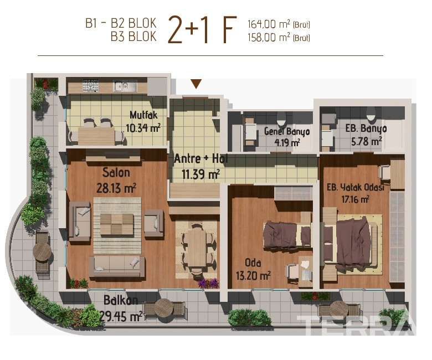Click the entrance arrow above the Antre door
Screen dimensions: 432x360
(196, 84)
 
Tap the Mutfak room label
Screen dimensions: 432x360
(143, 115)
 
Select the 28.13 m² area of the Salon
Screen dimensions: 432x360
(116, 188)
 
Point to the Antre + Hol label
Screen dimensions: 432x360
(201, 158)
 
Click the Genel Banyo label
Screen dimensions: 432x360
(287, 131)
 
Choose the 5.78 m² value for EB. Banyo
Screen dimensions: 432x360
(366, 142)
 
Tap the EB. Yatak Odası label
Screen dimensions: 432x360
(356, 187)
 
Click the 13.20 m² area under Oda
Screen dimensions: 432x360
(253, 275)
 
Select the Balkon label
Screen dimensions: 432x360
(121, 300)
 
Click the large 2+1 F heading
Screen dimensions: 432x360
(202, 30)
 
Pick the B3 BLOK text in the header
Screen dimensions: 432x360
(133, 37)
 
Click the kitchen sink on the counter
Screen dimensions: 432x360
(125, 86)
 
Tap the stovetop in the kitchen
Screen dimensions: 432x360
(91, 85)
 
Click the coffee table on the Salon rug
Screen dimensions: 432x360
(117, 224)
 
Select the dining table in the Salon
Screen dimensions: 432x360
(197, 249)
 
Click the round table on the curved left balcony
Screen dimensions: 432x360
(42, 251)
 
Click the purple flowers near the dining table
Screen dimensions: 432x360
(208, 283)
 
